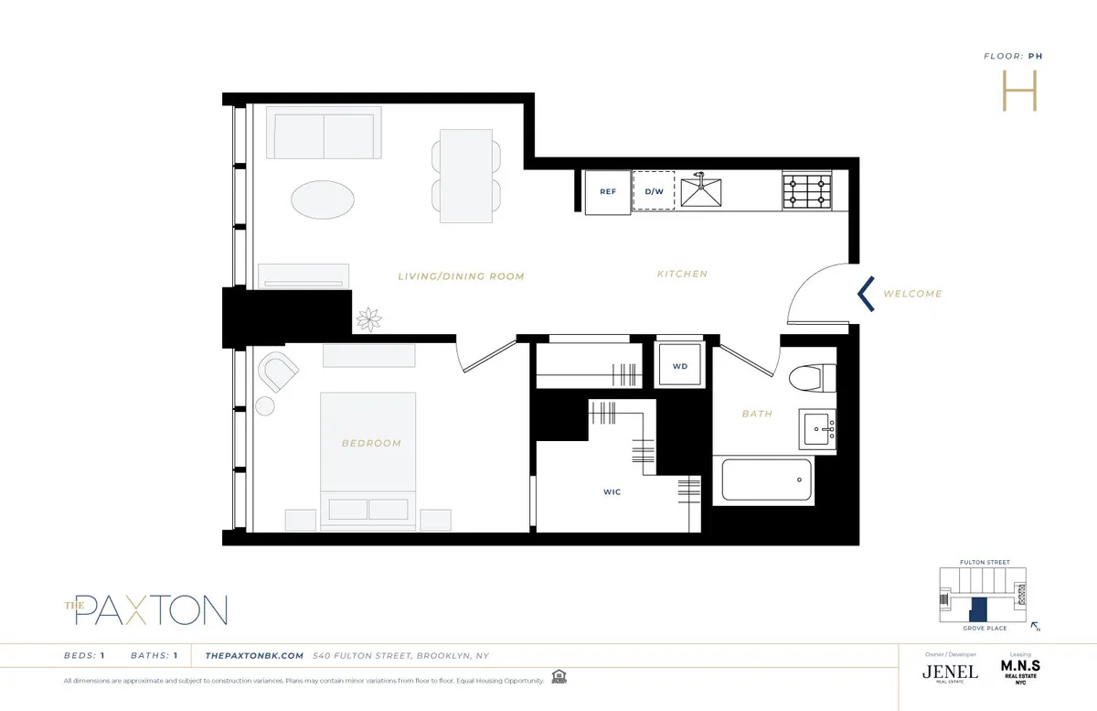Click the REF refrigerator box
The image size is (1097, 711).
point(608,192)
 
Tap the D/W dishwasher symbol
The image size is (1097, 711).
point(654,191)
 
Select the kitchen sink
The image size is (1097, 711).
point(701,191)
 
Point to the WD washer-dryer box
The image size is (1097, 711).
point(679,367)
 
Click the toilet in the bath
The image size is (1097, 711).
point(815,377)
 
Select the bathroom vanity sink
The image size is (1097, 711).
point(819,428)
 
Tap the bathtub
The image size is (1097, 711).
point(767,480)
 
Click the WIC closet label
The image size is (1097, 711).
point(612,492)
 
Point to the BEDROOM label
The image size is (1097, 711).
point(371,444)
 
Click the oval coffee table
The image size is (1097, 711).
point(324,199)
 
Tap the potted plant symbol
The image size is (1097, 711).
point(370,319)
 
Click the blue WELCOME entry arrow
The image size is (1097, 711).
point(866,294)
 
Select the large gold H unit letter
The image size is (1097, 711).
point(1019,90)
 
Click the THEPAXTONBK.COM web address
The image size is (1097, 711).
point(254,655)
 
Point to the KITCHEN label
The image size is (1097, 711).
point(682,274)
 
